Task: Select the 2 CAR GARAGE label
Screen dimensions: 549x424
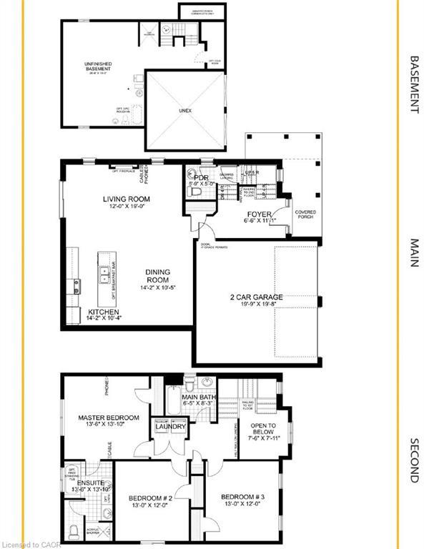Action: pyautogui.click(x=256, y=297)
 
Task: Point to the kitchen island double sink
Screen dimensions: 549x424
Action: pyautogui.click(x=105, y=271)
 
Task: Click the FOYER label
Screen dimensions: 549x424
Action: pyautogui.click(x=258, y=213)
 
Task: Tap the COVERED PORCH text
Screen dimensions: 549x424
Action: pyautogui.click(x=305, y=214)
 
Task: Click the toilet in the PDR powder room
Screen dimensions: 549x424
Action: pyautogui.click(x=191, y=172)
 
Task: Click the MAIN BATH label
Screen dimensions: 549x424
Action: pyautogui.click(x=199, y=397)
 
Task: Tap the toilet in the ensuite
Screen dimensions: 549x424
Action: pyautogui.click(x=73, y=532)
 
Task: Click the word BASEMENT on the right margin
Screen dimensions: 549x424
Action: pyautogui.click(x=413, y=84)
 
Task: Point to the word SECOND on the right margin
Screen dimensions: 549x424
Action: pyautogui.click(x=413, y=460)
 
